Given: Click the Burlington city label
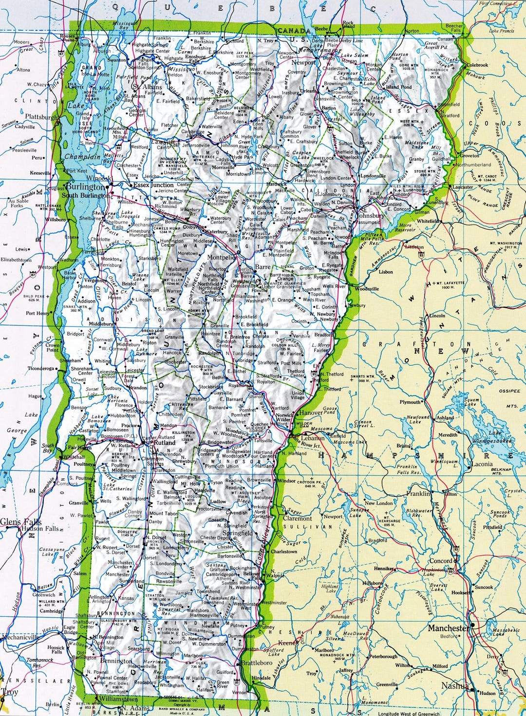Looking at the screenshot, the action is tap(86, 187).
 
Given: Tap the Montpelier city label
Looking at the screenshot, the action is tap(222, 257).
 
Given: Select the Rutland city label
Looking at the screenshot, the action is tap(165, 443).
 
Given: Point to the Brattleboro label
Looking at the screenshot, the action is tap(257, 663).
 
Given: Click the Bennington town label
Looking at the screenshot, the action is tap(116, 661).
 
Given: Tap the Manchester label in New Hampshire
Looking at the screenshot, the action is tap(449, 628).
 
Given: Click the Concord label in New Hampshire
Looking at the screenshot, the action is tap(441, 561).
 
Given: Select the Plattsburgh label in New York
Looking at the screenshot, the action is tap(41, 117).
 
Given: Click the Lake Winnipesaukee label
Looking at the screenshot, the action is tap(492, 437).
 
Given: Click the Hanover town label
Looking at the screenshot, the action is tap(311, 413).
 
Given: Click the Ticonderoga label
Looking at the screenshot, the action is tap(41, 369).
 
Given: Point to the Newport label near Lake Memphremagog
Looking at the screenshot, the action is tap(303, 63).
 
